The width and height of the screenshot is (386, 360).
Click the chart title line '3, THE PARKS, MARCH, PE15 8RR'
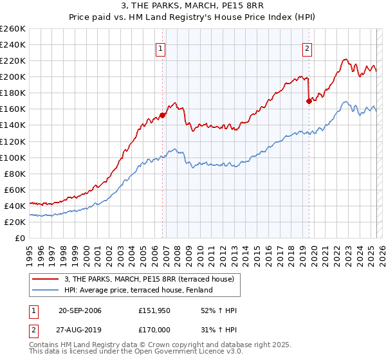(192, 6)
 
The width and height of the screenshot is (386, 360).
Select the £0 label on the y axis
(21, 238)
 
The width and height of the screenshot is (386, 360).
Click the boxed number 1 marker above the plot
(160, 48)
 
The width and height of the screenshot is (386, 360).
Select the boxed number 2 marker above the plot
(308, 48)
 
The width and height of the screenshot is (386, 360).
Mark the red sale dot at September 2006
(163, 116)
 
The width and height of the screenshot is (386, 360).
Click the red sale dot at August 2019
(309, 101)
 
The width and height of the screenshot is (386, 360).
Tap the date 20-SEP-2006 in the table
(80, 310)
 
